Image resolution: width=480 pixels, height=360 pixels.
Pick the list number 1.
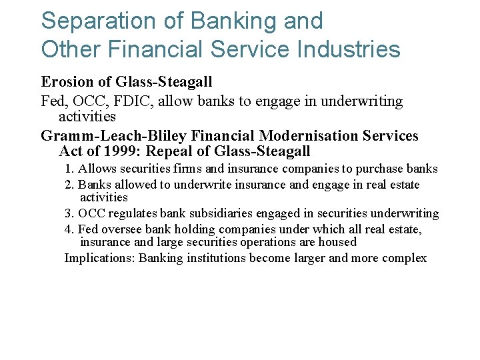click(x=69, y=169)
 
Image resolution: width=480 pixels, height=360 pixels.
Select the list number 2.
click(x=69, y=185)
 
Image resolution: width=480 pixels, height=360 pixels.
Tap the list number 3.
click(x=69, y=214)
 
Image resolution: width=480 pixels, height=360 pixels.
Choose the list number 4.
click(x=69, y=229)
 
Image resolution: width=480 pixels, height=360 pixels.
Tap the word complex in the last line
click(x=405, y=258)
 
